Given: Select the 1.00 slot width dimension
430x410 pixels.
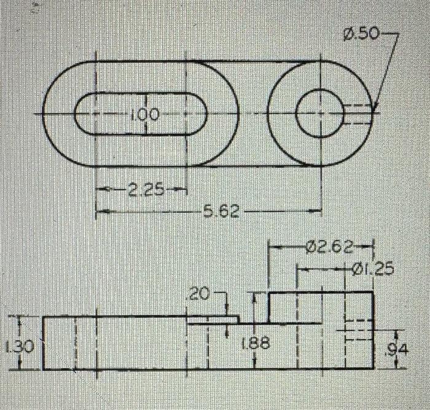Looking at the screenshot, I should tap(144, 114).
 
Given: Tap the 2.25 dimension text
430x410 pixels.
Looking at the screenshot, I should tap(146, 190).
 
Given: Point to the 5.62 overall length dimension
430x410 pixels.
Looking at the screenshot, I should tap(216, 212).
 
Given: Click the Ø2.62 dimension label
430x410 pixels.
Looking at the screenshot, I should tap(329, 248).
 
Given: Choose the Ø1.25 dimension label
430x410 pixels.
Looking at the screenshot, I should tap(373, 269).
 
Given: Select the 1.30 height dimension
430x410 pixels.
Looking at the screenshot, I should tap(14, 347).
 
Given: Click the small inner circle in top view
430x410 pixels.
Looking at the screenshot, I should tap(319, 114).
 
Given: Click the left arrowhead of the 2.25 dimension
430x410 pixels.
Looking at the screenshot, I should tap(100, 190).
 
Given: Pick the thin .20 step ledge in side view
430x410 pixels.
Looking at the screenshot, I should tap(213, 320).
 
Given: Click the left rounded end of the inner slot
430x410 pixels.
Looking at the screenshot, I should tap(85, 114).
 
